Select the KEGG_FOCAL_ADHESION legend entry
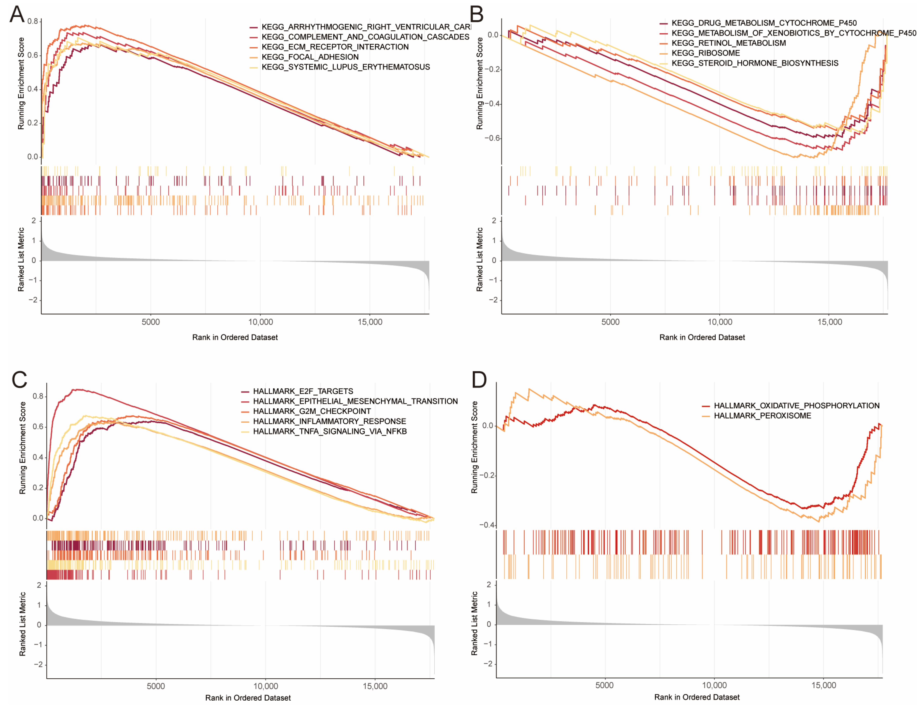pyautogui.click(x=310, y=57)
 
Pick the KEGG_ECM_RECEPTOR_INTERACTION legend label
pyautogui.click(x=335, y=47)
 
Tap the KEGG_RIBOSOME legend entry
pyautogui.click(x=706, y=53)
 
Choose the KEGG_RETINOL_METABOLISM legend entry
pyautogui.click(x=728, y=43)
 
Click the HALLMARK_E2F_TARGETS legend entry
pyautogui.click(x=303, y=391)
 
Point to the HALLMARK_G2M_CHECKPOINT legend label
pyautogui.click(x=312, y=411)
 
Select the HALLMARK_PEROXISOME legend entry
pyautogui.click(x=762, y=416)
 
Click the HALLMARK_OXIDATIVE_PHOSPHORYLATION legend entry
pyautogui.click(x=796, y=405)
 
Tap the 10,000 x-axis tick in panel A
pyautogui.click(x=260, y=322)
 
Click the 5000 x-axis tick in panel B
pyautogui.click(x=610, y=322)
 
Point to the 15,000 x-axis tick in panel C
pyautogui.click(x=375, y=686)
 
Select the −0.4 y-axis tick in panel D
pyautogui.click(x=487, y=525)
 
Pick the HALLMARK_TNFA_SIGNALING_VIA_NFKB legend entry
pyautogui.click(x=330, y=431)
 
